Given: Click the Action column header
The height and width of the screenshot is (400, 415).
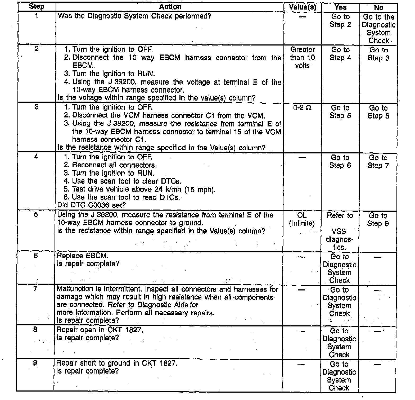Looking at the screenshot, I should (x=170, y=7).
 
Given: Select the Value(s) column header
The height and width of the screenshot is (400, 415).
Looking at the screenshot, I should (x=303, y=7).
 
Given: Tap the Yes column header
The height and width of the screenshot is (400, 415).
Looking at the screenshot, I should (x=340, y=7).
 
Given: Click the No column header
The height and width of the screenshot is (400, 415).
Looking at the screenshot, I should (x=378, y=8).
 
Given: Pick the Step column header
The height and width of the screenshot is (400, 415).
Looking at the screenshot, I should (x=37, y=7).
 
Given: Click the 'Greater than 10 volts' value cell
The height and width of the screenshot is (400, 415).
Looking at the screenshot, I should (x=303, y=57).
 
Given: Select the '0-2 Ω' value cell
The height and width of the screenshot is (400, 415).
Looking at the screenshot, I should (x=302, y=108).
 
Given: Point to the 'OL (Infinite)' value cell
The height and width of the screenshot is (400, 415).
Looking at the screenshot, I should (x=302, y=220).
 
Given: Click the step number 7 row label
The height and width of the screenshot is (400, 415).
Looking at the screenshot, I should (x=35, y=289).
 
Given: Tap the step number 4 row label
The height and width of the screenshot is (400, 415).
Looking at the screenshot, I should (x=36, y=156).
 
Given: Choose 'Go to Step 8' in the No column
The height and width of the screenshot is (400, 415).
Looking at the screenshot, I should (x=378, y=112).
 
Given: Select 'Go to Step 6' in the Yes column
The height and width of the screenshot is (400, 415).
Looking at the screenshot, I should (x=340, y=161).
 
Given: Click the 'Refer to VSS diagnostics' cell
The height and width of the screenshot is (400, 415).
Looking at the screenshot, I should (x=340, y=231).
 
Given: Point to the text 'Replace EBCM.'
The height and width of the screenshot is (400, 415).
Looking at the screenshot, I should (x=83, y=256).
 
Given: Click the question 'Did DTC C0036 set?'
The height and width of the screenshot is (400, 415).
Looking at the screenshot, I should (x=92, y=205).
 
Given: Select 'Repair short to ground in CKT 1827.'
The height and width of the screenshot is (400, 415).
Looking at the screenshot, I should (x=117, y=363).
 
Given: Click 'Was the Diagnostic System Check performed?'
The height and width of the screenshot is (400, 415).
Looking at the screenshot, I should (x=134, y=16).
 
